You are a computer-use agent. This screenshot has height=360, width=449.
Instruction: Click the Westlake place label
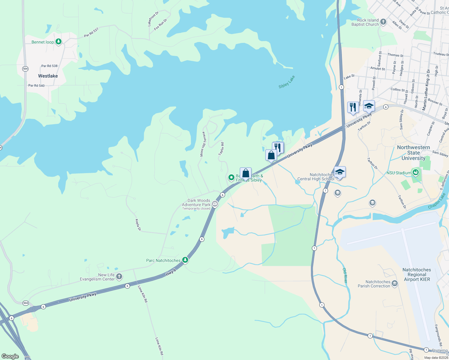[x=48, y=76]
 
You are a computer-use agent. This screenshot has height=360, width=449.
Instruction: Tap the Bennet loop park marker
[x=59, y=42]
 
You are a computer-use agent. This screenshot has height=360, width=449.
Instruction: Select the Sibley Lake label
[x=287, y=82]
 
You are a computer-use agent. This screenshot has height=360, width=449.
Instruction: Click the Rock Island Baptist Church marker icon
[x=383, y=22]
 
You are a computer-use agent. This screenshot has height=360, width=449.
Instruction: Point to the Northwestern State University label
[x=413, y=153]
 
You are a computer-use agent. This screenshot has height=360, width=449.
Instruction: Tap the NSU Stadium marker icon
[x=416, y=172]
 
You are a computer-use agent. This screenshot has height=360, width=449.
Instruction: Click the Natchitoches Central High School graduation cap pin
[x=339, y=172]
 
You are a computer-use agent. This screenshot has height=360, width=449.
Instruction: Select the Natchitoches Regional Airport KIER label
[x=417, y=274]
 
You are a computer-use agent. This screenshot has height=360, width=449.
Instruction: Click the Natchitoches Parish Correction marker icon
[x=395, y=283]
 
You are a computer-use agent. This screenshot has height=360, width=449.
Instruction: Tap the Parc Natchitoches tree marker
[x=185, y=260]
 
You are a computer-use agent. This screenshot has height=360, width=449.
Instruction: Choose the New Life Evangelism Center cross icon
[x=119, y=276]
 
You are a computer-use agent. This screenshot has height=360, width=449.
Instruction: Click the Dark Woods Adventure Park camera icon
[x=215, y=204]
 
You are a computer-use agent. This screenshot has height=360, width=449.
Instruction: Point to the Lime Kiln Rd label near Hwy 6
[x=143, y=294]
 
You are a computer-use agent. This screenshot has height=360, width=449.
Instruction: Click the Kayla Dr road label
[x=138, y=225]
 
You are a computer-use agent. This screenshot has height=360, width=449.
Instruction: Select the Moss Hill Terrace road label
[x=203, y=144]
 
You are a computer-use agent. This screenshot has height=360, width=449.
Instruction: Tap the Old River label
[x=345, y=275]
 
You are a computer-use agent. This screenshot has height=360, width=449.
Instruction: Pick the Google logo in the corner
[x=10, y=356]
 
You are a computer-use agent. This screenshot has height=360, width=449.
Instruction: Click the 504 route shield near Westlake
[x=25, y=69]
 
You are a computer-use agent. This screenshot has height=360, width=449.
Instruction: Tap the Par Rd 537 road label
[x=91, y=32]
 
